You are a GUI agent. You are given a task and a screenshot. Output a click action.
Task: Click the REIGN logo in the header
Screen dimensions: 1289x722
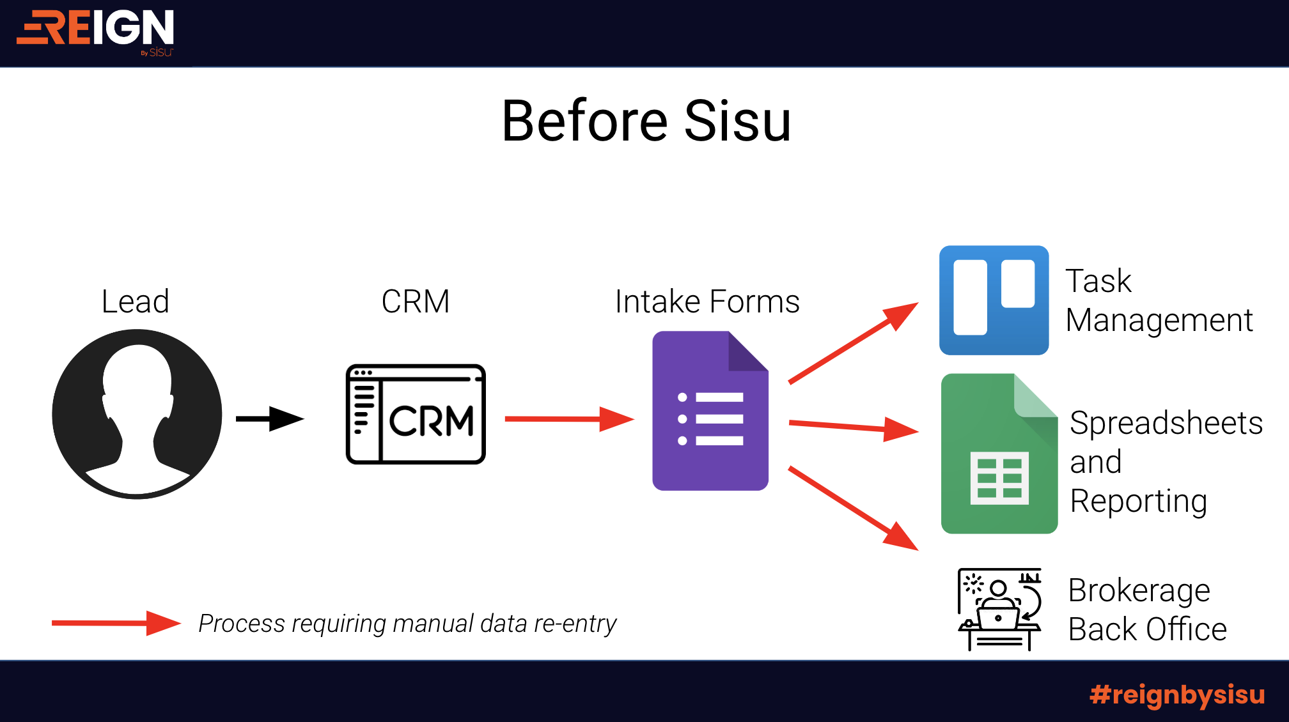coord(95,32)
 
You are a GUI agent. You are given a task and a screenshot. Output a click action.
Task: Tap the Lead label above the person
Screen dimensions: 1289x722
coord(136,301)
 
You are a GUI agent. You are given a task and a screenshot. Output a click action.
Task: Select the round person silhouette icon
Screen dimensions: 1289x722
coord(137,414)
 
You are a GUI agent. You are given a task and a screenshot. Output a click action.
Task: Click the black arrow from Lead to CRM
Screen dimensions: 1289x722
coord(270,419)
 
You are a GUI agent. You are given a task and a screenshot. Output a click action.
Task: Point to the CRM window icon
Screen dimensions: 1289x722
coord(416,414)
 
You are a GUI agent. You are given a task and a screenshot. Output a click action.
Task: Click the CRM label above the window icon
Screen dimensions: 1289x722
coord(416,301)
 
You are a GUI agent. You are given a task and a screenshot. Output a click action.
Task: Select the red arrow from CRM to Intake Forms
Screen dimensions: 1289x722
coord(569,419)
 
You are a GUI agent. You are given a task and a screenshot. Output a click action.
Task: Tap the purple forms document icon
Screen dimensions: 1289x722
coord(710,411)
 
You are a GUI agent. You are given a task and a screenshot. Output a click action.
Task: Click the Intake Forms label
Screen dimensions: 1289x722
coord(707,301)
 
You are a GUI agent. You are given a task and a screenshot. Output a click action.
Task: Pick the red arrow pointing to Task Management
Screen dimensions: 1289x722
coord(854,343)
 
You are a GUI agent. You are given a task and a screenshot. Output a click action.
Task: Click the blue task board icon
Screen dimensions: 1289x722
coord(994,300)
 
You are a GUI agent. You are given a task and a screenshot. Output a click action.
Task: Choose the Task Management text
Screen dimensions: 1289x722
coord(1159,300)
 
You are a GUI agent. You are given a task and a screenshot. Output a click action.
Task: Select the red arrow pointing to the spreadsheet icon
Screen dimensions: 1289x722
coord(854,427)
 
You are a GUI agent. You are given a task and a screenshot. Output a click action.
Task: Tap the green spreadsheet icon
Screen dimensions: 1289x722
coord(999,454)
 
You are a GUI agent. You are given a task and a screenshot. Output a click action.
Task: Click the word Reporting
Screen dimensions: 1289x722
coord(1139,501)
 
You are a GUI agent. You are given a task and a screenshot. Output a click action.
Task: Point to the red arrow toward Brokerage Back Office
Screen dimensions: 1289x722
coord(854,509)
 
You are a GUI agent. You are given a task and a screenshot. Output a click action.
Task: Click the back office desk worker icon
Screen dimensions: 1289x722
coord(1000,610)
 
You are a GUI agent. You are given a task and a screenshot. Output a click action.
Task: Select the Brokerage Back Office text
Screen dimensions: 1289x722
coord(1148,610)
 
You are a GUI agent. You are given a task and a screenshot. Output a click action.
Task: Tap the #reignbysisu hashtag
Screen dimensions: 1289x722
coord(1177,695)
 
